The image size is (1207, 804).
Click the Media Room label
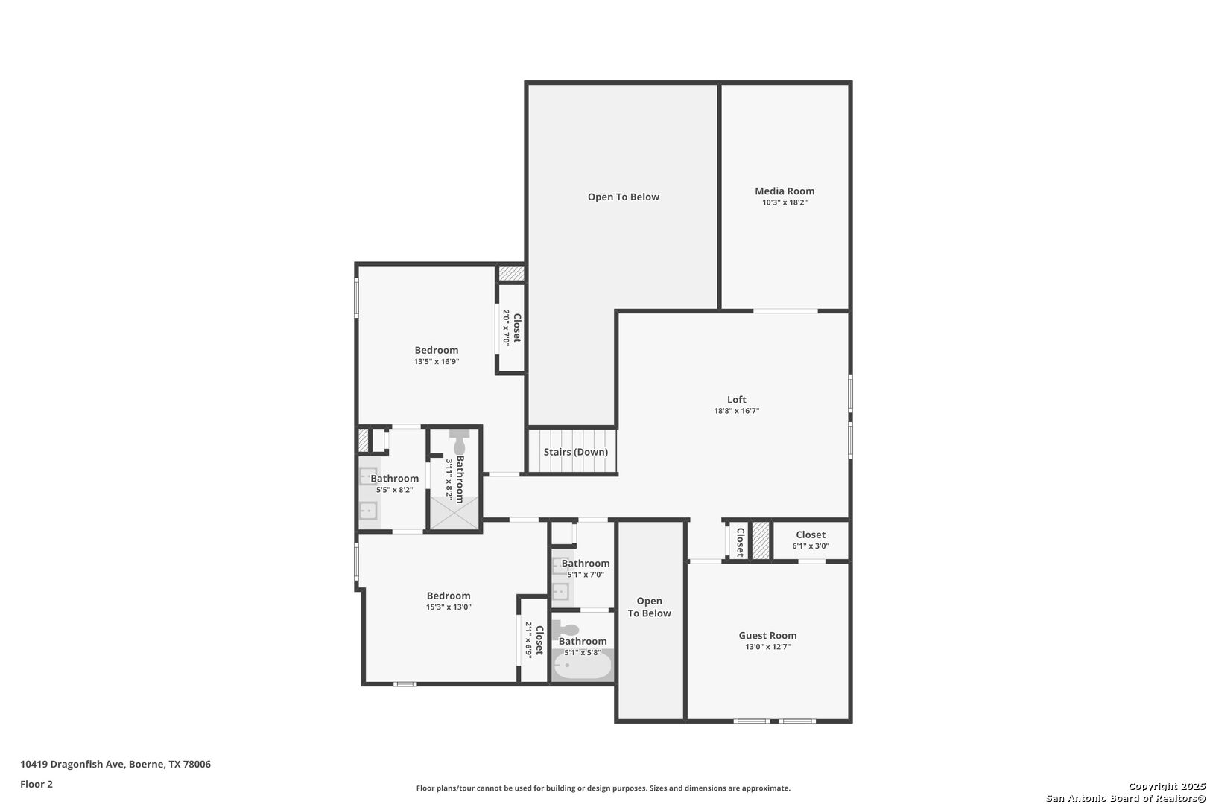[x=785, y=191]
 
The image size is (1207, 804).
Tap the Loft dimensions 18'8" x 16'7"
[x=736, y=411]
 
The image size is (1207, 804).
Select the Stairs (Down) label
[x=575, y=452]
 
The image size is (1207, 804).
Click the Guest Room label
[x=767, y=635]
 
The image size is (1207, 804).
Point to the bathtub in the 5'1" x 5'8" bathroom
[x=582, y=666]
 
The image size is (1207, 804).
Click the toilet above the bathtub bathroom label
[x=568, y=630]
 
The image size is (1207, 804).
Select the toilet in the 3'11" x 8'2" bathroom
[x=460, y=444]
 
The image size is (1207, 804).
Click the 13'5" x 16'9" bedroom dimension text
[x=437, y=362]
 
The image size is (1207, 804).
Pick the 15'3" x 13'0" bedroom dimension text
[x=449, y=607]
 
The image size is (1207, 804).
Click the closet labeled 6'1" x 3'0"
[x=811, y=540]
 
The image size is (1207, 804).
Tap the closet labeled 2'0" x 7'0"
[x=512, y=328]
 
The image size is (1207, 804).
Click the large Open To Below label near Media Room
[x=623, y=197]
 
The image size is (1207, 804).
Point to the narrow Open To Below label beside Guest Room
[x=649, y=607]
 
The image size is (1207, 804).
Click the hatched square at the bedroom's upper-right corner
[x=511, y=273]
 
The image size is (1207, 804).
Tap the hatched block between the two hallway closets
[x=760, y=540]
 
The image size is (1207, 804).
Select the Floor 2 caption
[x=37, y=784]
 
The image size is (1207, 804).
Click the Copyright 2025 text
[x=1165, y=786]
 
